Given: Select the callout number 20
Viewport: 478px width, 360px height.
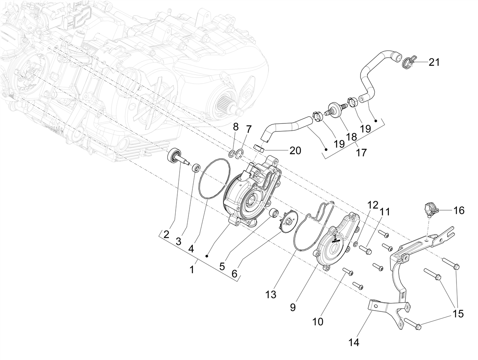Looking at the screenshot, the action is pyautogui.click(x=295, y=151).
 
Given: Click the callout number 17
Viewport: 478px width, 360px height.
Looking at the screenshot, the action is pyautogui.click(x=361, y=153).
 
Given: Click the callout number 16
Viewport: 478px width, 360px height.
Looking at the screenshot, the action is pyautogui.click(x=459, y=211).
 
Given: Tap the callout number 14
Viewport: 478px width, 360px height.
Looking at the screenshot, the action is pyautogui.click(x=354, y=343).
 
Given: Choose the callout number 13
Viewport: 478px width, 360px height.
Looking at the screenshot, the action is pyautogui.click(x=271, y=295).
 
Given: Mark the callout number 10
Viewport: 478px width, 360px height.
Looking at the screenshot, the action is pyautogui.click(x=318, y=322).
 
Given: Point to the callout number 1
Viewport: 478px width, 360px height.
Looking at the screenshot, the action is pyautogui.click(x=192, y=270).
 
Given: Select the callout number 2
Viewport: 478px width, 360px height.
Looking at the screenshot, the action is pyautogui.click(x=166, y=235).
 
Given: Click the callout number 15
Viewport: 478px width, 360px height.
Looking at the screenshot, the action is pyautogui.click(x=458, y=314).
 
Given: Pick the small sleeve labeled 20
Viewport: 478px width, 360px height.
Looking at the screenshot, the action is pyautogui.click(x=259, y=148).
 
